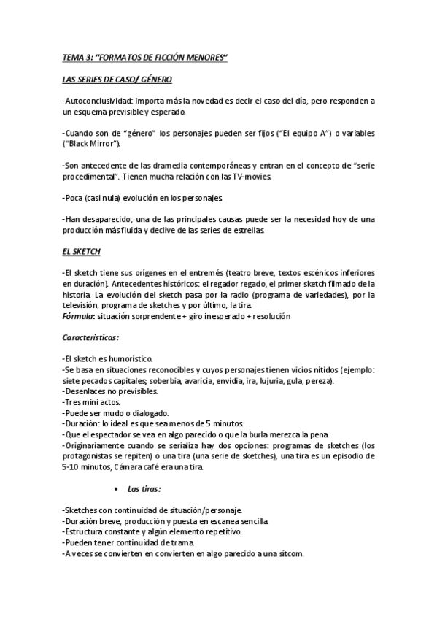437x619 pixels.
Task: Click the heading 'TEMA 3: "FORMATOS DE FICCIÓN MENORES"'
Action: tap(145, 58)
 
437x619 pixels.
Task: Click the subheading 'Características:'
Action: tap(91, 338)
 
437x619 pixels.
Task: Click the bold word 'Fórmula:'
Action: tap(80, 317)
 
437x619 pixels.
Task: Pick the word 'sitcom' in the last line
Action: tap(288, 553)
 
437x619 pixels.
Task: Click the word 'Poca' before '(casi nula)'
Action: tap(77, 198)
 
